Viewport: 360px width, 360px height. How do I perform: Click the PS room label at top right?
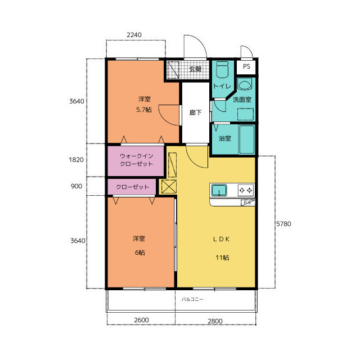point(246,66)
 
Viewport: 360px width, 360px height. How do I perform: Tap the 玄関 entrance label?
point(195,69)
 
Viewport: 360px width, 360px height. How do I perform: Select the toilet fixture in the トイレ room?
point(222,69)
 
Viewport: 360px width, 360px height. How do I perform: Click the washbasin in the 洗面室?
point(245,84)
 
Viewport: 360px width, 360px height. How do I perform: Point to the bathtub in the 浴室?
point(247,139)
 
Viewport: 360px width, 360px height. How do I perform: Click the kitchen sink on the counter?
point(219,190)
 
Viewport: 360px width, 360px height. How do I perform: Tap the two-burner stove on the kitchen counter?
point(246,190)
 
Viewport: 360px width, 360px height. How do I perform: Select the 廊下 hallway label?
point(195,112)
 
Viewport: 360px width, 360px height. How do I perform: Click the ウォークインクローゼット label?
point(136,160)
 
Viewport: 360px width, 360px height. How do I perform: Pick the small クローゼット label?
point(133,187)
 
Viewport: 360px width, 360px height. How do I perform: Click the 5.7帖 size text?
point(144,110)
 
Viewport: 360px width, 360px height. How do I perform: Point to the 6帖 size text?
point(140,253)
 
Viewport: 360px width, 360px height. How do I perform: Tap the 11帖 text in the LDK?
point(222,258)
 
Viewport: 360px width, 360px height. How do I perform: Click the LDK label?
point(221,239)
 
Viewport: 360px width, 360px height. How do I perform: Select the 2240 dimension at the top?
point(134,35)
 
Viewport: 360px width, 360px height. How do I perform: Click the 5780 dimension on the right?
point(283,224)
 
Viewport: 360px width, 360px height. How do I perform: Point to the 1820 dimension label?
point(76,160)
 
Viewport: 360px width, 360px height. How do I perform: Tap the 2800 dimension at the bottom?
point(215,321)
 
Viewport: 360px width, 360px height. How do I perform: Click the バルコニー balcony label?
point(192,299)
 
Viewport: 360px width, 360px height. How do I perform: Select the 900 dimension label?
point(76,186)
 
